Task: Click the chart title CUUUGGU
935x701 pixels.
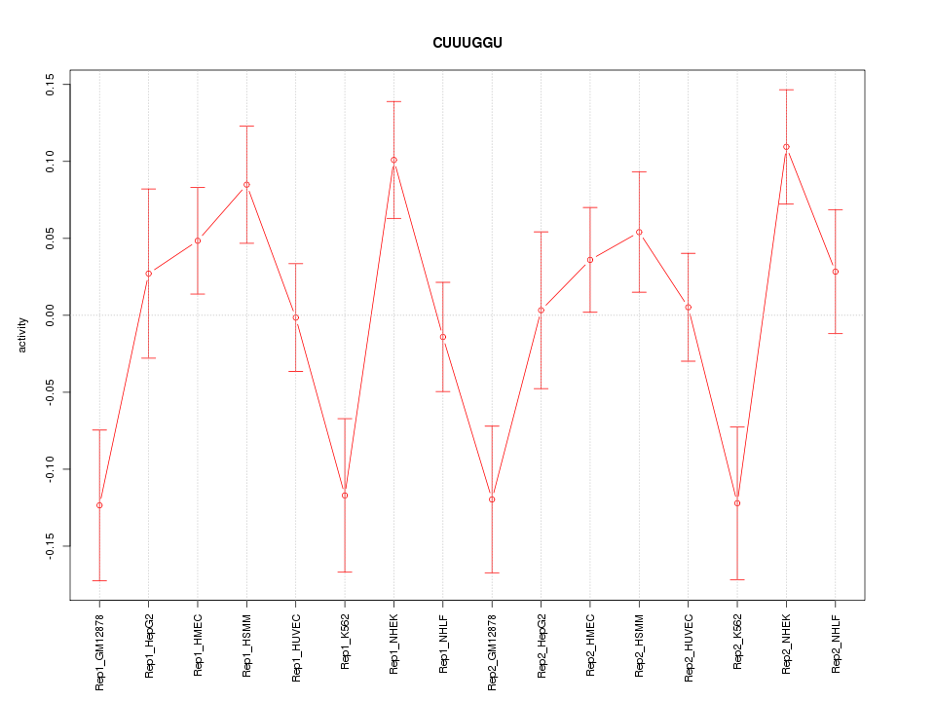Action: tap(467, 43)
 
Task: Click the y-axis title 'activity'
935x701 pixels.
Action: tap(22, 335)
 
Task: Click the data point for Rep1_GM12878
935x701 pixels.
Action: tap(99, 505)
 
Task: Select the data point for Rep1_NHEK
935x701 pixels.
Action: tap(393, 160)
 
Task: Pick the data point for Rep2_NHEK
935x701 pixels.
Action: tap(786, 147)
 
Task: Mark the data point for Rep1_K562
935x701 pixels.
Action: tap(345, 496)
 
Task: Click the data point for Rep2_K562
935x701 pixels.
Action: tap(737, 503)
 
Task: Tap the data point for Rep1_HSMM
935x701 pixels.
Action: tap(246, 185)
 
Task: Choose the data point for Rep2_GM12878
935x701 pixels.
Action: tap(492, 499)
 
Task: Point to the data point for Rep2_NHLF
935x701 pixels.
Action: tap(836, 272)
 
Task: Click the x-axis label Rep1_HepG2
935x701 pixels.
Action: tap(149, 645)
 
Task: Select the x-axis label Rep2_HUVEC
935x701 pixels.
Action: tap(689, 645)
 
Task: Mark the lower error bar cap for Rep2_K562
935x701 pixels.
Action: tap(737, 579)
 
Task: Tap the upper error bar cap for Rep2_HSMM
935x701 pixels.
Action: tap(639, 171)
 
